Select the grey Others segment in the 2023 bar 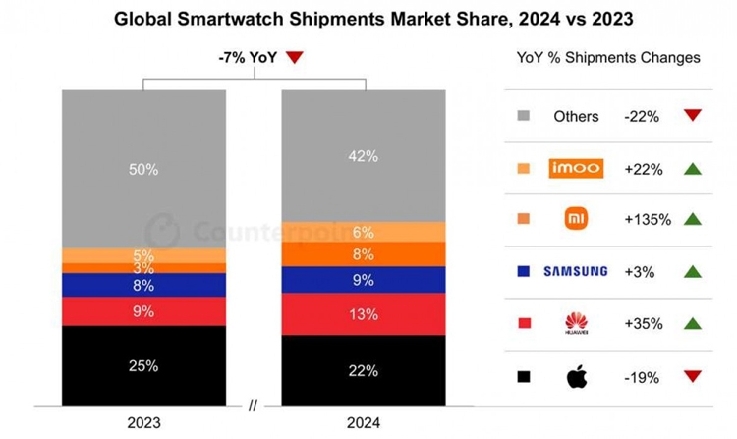pos(143,169)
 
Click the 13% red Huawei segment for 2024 pos(364,313)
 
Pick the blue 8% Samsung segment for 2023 pos(143,285)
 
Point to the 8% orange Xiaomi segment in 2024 pos(364,254)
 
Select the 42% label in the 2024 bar pos(364,154)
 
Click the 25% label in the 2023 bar pos(143,366)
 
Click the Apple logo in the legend pos(575,376)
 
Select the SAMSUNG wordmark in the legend pos(575,271)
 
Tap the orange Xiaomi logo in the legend pos(576,219)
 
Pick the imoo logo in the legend pos(575,168)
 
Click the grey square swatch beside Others pos(523,116)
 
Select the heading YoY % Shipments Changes pos(608,58)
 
